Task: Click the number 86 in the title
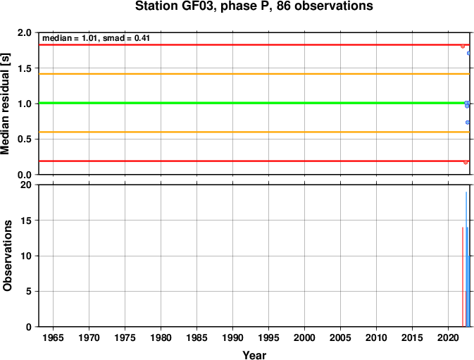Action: [284, 6]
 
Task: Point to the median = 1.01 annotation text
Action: [70, 38]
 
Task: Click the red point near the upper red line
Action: [463, 46]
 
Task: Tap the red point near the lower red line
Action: [466, 162]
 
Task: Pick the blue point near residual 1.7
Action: [468, 54]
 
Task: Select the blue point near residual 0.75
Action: [468, 123]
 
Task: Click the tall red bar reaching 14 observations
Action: [463, 277]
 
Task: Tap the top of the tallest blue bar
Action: [466, 192]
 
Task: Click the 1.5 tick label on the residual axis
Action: [25, 68]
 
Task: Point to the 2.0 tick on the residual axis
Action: [25, 32]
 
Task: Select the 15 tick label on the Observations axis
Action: [26, 221]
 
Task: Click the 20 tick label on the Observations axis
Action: [26, 185]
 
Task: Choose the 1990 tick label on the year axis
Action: [232, 337]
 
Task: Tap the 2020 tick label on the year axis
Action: [449, 337]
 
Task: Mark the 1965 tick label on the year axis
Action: [54, 337]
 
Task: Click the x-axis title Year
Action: [254, 355]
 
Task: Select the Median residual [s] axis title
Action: [6, 104]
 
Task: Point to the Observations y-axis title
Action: [6, 256]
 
